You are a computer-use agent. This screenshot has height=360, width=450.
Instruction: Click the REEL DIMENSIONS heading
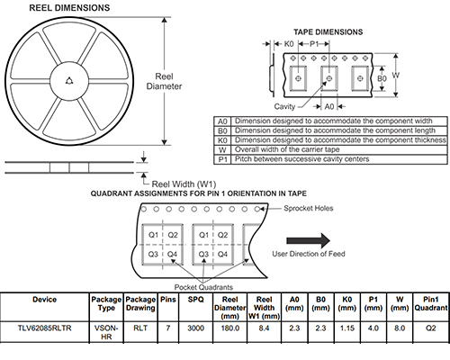69,8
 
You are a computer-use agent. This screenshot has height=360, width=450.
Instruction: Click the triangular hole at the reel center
69,81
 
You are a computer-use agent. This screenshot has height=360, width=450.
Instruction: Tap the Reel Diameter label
164,81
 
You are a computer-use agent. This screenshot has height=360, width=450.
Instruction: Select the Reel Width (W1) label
184,184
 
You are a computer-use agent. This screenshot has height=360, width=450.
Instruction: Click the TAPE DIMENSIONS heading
328,32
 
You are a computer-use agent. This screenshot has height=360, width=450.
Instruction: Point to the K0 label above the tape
289,44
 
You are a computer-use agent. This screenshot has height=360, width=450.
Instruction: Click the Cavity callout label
284,106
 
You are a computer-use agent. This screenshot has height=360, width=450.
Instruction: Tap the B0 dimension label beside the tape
382,78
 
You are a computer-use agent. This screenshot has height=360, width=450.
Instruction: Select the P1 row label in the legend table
222,159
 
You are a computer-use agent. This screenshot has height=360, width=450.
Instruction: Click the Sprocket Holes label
309,208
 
